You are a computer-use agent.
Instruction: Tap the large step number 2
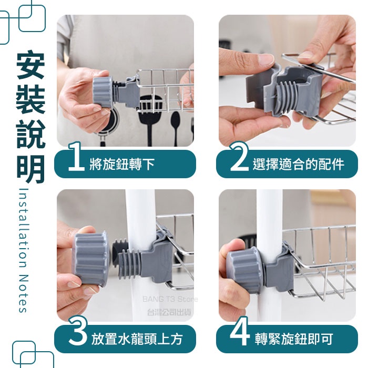tap(239, 156)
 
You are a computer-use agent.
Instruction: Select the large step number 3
tap(78, 331)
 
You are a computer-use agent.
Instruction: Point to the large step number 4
tap(240, 331)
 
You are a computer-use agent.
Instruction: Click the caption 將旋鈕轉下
tap(122, 164)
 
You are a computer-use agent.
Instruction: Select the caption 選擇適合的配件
tap(299, 164)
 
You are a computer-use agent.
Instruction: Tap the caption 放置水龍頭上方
tap(137, 339)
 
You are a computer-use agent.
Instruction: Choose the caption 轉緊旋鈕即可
tap(294, 339)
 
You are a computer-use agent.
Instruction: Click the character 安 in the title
tap(30, 65)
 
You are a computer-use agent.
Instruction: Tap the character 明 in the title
tap(30, 169)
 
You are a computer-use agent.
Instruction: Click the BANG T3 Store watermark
tap(170, 299)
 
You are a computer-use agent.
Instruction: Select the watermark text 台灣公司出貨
tap(169, 312)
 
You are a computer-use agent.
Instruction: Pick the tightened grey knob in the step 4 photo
tap(244, 269)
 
